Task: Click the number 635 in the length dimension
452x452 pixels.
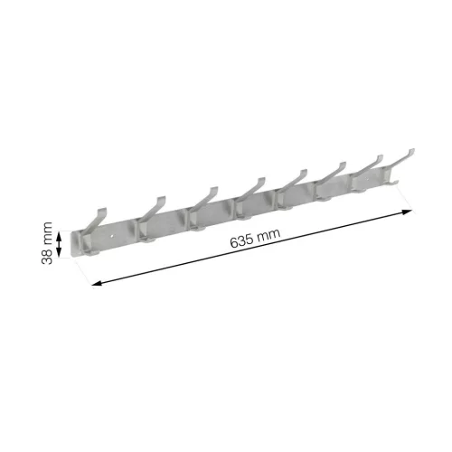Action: pos(241,241)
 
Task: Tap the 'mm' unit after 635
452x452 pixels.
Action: pos(268,234)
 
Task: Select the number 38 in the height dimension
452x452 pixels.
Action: pos(47,256)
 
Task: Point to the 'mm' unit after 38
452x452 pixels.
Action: pos(47,233)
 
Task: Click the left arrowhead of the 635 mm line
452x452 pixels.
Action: pos(97,283)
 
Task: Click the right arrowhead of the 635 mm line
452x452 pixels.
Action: pos(408,212)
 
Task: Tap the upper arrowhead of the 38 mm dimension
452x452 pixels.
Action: pos(59,234)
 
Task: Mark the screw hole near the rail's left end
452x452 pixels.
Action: pos(112,236)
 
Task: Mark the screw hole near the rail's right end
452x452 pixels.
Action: pos(366,179)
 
